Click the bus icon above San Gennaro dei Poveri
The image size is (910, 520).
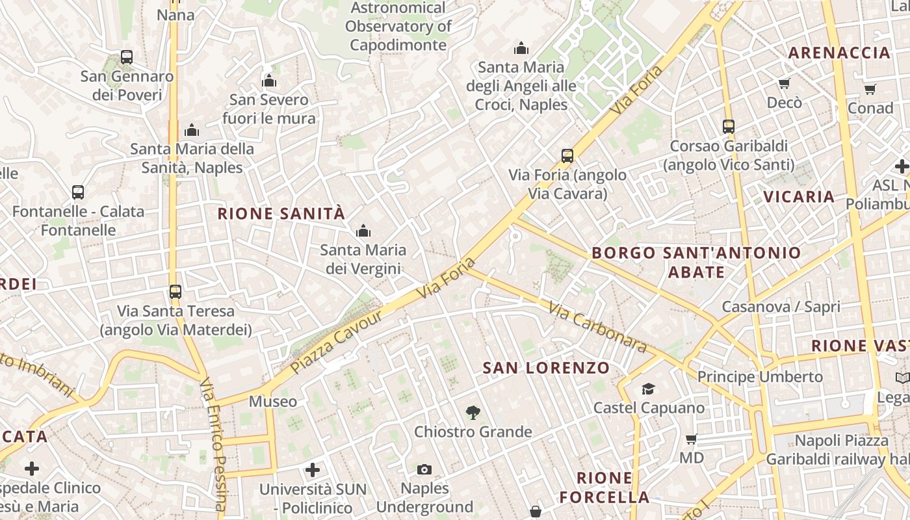[127, 57]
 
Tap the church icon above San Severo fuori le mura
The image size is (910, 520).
[269, 81]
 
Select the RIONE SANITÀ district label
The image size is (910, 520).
[281, 213]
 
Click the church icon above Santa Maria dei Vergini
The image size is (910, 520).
[363, 231]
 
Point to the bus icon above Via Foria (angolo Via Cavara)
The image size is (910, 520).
[567, 156]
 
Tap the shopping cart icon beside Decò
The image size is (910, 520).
[784, 83]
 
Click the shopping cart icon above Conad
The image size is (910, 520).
[870, 89]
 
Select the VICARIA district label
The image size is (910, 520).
[799, 196]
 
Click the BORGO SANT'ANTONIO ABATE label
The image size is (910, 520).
[696, 262]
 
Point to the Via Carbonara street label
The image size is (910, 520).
[597, 327]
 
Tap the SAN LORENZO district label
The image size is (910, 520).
[546, 368]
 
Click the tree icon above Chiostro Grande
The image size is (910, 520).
[473, 412]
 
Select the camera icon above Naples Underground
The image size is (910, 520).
[424, 469]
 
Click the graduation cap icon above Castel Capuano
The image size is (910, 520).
[648, 389]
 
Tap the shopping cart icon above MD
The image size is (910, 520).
[692, 439]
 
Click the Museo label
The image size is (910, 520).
[273, 402]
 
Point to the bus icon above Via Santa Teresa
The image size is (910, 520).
[175, 292]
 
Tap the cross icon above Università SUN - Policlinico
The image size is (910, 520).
[313, 469]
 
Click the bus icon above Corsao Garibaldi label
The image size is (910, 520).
[729, 127]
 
